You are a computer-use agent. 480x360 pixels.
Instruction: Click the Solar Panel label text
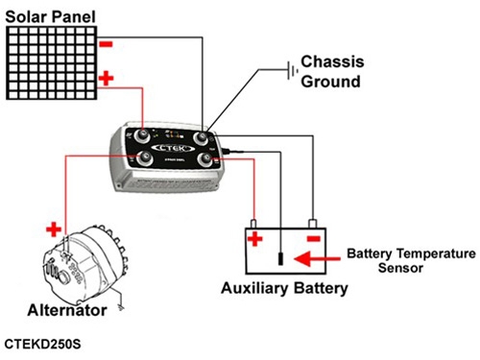[51, 16]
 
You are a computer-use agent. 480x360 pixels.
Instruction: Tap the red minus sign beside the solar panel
[106, 44]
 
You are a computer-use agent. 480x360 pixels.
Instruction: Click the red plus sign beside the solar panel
[107, 78]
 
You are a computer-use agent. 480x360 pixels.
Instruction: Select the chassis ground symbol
[292, 70]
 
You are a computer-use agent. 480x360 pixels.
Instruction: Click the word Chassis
[332, 61]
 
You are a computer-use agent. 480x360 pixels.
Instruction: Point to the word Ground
[331, 82]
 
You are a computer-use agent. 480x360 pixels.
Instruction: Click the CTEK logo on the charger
[173, 148]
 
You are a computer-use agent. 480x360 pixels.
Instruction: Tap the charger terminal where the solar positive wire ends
[141, 135]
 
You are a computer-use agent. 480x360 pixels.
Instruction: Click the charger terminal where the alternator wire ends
[145, 157]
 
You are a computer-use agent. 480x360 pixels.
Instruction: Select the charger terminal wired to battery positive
[205, 159]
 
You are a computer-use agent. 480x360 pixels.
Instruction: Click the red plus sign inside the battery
[255, 239]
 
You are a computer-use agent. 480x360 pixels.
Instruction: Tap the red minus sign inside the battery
[314, 238]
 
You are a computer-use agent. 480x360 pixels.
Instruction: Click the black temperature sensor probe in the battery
[280, 258]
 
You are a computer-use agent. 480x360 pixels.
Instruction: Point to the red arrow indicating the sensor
[317, 258]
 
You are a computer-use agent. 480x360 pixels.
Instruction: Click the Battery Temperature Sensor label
[411, 260]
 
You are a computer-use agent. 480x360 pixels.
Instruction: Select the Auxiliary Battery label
[284, 288]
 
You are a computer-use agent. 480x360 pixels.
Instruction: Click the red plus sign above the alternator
[54, 229]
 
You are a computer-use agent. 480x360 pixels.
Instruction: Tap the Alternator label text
[67, 310]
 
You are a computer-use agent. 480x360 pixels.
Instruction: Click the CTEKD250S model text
[42, 344]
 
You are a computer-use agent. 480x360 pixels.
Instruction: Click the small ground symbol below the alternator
[121, 307]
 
